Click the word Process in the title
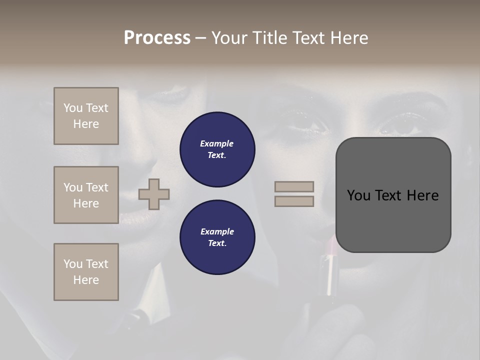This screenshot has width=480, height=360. click(x=157, y=38)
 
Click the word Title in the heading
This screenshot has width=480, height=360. click(x=269, y=38)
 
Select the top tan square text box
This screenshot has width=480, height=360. click(x=86, y=116)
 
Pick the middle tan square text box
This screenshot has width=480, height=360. click(x=86, y=195)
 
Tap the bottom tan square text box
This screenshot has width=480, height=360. click(x=86, y=272)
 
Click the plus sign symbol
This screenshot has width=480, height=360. click(x=154, y=194)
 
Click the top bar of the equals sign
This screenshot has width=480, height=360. click(x=294, y=187)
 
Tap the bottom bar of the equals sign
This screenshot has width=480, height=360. click(x=294, y=201)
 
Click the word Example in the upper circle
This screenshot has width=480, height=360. click(x=217, y=143)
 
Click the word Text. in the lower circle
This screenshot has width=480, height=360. click(x=217, y=243)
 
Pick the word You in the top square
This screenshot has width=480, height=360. click(x=73, y=108)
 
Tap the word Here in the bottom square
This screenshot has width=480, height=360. click(x=86, y=280)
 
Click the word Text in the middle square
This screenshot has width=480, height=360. click(x=97, y=187)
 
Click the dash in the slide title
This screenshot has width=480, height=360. click(x=201, y=38)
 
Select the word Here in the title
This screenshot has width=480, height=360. click(x=348, y=38)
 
